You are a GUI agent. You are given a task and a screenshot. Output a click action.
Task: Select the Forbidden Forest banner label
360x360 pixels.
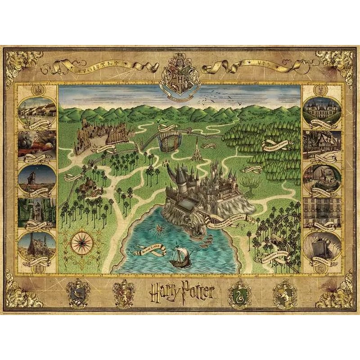click(277, 144)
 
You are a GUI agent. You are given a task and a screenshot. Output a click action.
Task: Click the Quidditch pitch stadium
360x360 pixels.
click(170, 139)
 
